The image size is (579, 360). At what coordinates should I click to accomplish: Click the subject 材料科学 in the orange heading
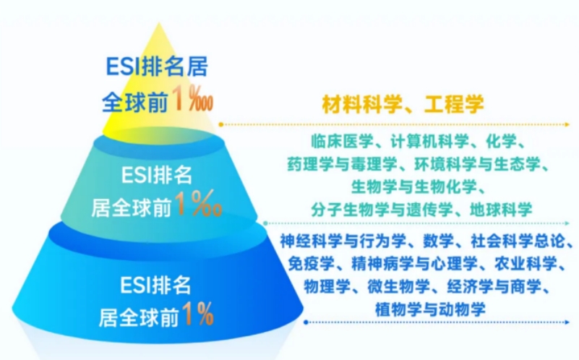(362, 104)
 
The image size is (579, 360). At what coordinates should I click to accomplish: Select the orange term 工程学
(454, 104)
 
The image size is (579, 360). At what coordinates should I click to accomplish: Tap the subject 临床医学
(342, 142)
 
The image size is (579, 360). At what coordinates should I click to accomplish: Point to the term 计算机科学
(430, 142)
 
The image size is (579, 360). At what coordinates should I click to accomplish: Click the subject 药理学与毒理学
(343, 164)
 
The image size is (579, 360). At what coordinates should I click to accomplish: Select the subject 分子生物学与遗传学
(382, 210)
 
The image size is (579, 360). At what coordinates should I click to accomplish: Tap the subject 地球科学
(501, 210)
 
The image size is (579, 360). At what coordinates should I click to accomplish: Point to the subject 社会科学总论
(518, 241)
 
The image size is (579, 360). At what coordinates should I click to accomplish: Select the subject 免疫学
(312, 264)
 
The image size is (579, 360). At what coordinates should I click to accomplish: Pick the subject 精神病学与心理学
(414, 264)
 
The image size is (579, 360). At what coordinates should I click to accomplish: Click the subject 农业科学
(526, 264)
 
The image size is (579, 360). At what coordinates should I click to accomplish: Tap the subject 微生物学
(398, 286)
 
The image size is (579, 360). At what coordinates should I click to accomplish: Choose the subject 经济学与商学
(494, 286)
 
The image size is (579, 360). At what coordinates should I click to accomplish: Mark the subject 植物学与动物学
(430, 309)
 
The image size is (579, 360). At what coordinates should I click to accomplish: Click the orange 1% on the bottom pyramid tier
(197, 314)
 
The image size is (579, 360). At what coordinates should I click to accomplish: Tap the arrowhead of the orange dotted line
(567, 125)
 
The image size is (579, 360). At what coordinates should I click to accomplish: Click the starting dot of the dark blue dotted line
(306, 322)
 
